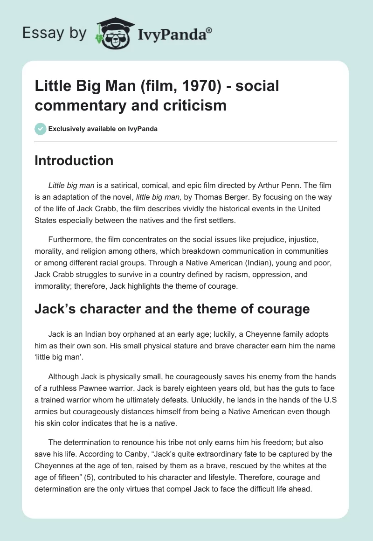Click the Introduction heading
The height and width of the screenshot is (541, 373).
tap(74, 160)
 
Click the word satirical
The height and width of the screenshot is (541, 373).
tap(116, 186)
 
